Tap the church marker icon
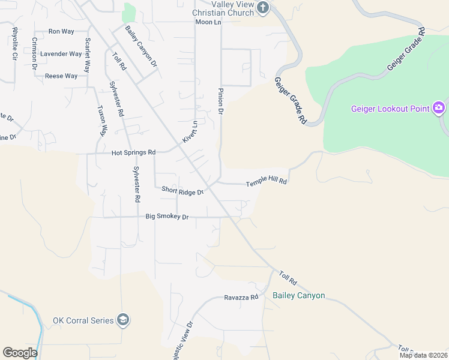[x=263, y=8]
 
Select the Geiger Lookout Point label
[x=390, y=109]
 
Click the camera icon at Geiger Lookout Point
[x=439, y=108]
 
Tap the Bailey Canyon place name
[x=298, y=295]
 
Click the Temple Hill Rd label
[x=267, y=181]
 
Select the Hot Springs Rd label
[x=133, y=153]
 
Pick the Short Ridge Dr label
[x=183, y=191]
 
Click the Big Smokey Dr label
[x=167, y=217]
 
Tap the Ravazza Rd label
[x=241, y=297]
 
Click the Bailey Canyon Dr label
[x=141, y=46]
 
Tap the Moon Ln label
[x=208, y=22]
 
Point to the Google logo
[x=20, y=353]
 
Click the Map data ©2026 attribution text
[x=423, y=355]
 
